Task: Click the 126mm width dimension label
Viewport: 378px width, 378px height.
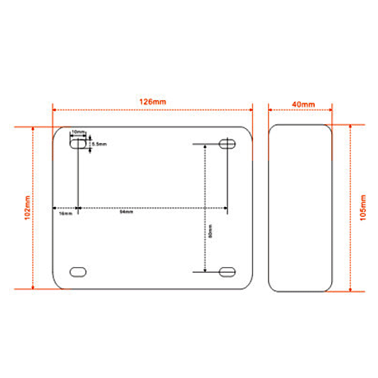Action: [152, 101]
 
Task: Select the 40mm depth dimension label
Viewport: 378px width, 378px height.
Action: [302, 104]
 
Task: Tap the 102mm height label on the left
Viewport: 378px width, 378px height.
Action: [27, 209]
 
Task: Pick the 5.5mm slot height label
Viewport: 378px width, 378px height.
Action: [99, 143]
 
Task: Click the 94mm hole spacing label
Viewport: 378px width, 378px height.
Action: [127, 214]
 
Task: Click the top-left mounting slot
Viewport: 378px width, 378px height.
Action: [78, 144]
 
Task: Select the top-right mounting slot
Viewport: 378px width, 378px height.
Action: [228, 144]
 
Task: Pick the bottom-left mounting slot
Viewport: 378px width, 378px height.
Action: [78, 271]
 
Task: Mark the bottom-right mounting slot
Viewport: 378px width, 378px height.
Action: [228, 271]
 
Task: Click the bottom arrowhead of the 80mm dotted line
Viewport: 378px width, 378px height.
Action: [204, 269]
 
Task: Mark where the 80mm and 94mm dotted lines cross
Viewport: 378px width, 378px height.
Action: [204, 207]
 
